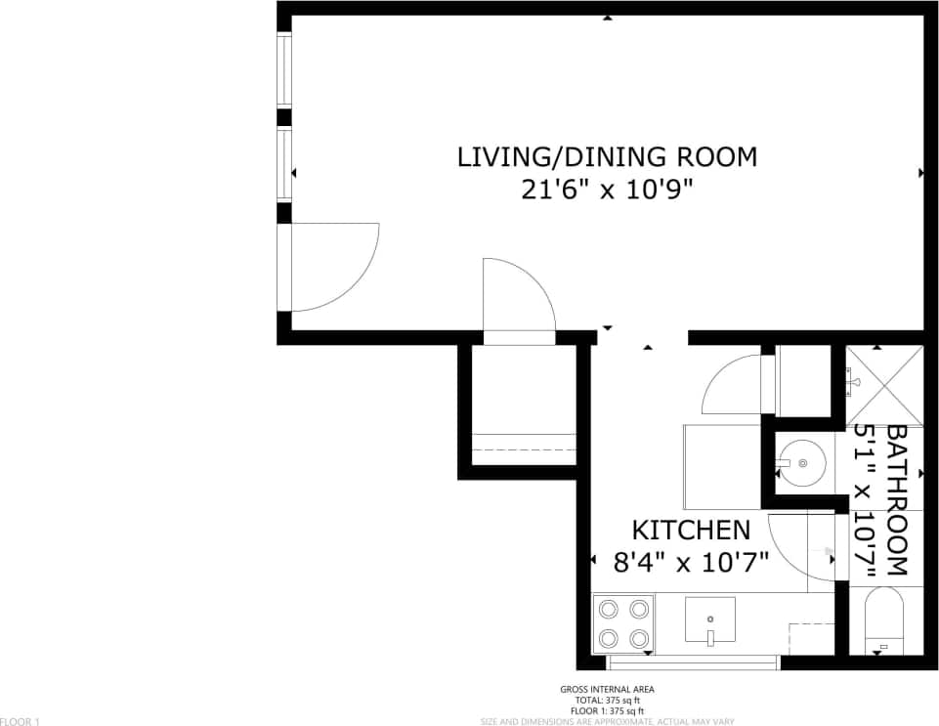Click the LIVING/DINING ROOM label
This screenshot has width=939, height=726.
[x=607, y=156]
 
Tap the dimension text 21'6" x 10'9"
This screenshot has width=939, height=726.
[x=607, y=190]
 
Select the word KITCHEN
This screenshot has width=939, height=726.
[x=691, y=531]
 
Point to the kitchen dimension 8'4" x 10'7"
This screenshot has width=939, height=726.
[x=691, y=562]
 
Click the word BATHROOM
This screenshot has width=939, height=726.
[x=897, y=499]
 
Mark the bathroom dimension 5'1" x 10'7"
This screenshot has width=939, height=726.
[x=865, y=499]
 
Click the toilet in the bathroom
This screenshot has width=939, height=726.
[x=883, y=619]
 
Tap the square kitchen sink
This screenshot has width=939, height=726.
[x=710, y=620]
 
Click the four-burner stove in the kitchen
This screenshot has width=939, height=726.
[x=623, y=623]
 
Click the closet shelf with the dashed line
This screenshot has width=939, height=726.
[x=523, y=448]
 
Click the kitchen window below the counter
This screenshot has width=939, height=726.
[x=694, y=662]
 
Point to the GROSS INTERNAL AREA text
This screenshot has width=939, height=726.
[x=607, y=690]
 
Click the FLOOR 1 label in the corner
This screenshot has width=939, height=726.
[x=20, y=721]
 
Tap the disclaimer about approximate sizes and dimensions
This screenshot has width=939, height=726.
[x=607, y=721]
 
